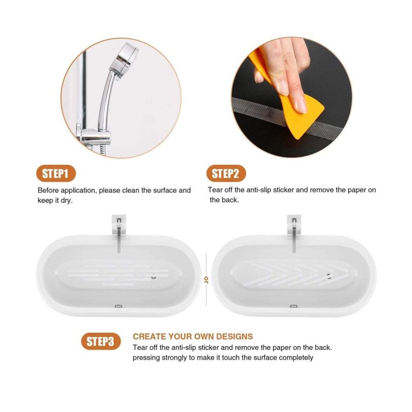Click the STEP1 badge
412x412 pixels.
click(x=56, y=174)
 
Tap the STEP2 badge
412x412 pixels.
click(x=226, y=174)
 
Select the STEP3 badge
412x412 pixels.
click(x=101, y=341)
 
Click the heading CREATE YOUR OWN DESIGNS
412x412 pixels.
click(x=193, y=336)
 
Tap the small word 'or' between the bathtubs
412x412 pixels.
click(x=207, y=280)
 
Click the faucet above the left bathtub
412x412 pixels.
click(x=119, y=233)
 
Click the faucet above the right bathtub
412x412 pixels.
click(x=294, y=233)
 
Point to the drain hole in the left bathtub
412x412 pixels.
click(x=153, y=277)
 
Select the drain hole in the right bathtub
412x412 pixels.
click(x=329, y=276)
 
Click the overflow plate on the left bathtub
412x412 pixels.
click(x=119, y=306)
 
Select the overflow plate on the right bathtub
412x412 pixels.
click(x=294, y=306)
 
